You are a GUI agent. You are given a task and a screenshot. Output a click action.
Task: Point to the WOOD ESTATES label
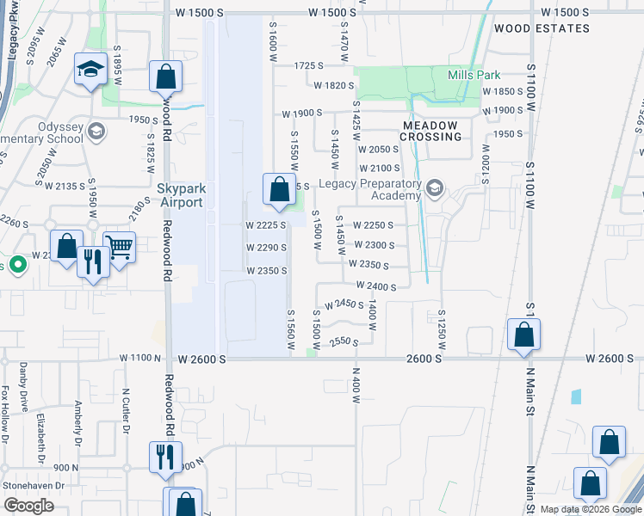tap(542, 28)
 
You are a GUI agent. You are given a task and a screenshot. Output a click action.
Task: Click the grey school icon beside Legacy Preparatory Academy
tap(435, 188)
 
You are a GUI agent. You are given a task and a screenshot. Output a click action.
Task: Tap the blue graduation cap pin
tap(90, 71)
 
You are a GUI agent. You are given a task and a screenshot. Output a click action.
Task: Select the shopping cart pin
tap(119, 248)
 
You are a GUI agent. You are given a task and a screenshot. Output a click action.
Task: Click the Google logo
tap(28, 506)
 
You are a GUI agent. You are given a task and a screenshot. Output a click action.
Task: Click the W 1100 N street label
tap(140, 357)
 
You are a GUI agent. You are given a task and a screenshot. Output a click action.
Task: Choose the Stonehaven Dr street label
tap(33, 486)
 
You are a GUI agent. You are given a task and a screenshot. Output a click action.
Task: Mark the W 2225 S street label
tap(265, 225)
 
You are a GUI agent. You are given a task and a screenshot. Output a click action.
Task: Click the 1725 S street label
tap(307, 65)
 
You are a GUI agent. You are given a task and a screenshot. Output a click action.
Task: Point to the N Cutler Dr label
tap(126, 405)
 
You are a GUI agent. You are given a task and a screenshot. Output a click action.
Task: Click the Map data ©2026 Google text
tap(590, 509)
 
